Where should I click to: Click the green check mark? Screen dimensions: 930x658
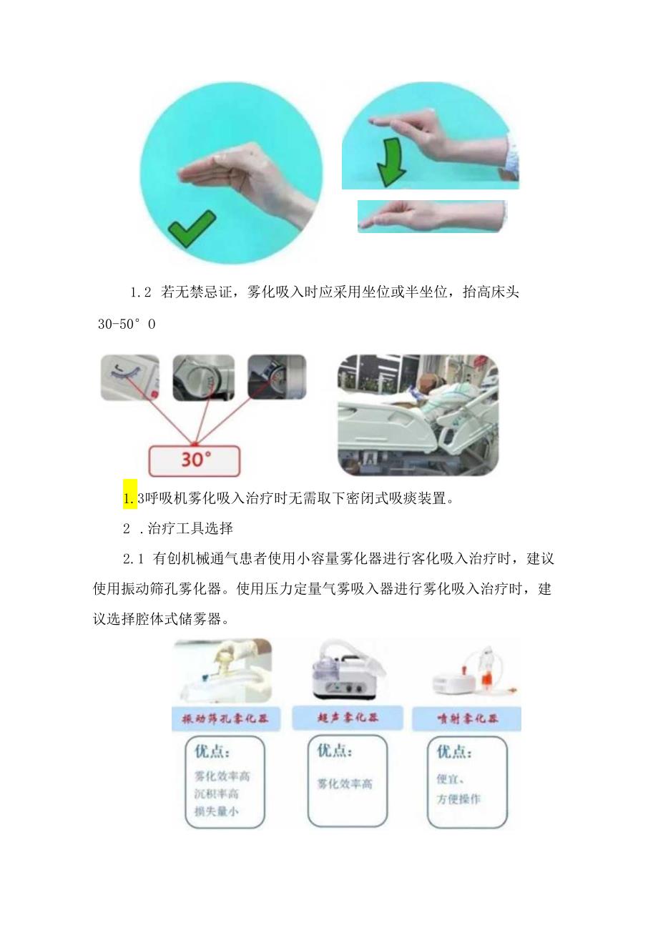191,228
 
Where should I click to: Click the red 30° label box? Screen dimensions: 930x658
194,458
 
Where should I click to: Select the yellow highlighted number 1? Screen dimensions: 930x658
129,498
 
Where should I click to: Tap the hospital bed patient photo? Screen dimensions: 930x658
418,414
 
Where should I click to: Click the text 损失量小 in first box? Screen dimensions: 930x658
216,811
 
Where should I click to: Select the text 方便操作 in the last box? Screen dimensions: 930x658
458,799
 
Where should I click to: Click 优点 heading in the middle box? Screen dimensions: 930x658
335,751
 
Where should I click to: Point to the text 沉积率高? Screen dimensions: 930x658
216,793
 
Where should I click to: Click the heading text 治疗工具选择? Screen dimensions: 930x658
190,528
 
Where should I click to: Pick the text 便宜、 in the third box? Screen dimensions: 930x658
451,779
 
